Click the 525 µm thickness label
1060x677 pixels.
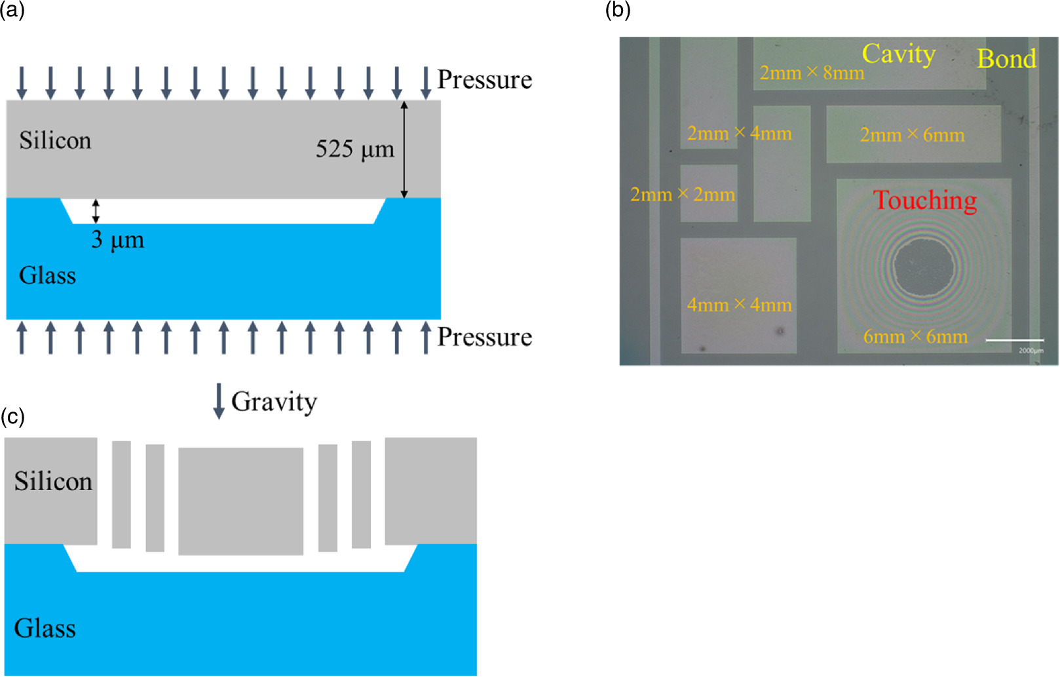click(x=354, y=149)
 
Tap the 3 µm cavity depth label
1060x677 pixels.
click(x=117, y=240)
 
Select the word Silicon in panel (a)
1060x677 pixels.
click(x=55, y=141)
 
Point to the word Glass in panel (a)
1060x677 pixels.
click(x=47, y=275)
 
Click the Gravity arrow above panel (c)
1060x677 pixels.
click(x=219, y=401)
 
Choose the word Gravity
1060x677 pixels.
click(x=274, y=402)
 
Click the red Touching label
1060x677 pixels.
click(x=925, y=201)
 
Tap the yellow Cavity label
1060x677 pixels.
click(x=898, y=54)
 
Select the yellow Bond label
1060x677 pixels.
click(x=1006, y=59)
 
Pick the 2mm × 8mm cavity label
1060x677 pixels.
click(x=812, y=73)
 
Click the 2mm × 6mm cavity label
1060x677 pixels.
click(x=912, y=135)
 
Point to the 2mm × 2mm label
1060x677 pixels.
click(x=682, y=195)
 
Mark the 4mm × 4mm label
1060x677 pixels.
click(x=739, y=305)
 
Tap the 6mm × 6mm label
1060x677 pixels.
click(x=915, y=337)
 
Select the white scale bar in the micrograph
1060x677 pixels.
click(x=1014, y=340)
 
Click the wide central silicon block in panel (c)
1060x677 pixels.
click(x=240, y=501)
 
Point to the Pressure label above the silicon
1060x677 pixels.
click(x=484, y=79)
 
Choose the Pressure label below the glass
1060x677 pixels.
click(x=484, y=337)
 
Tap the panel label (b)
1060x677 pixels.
click(x=617, y=10)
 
